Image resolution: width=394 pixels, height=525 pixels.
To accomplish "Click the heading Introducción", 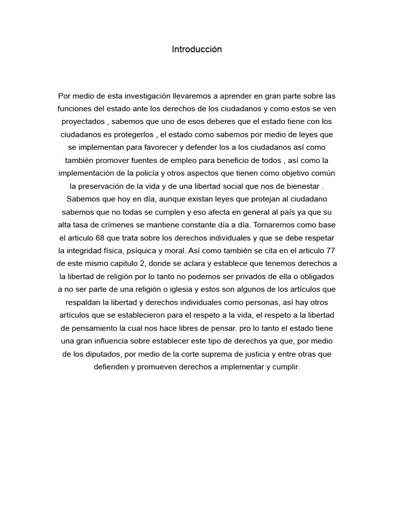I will [197, 49].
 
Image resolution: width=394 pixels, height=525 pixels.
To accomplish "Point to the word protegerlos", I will [132, 134].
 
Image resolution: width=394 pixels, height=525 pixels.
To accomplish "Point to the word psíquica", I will [133, 250].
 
